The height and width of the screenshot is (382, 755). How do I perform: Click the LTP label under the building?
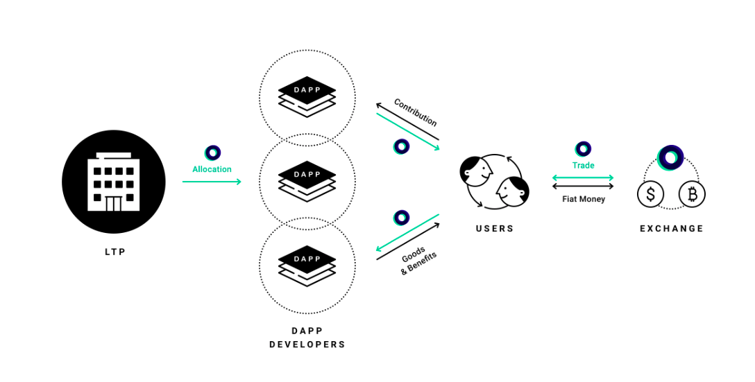click(x=115, y=252)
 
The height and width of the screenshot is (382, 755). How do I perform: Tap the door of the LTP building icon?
click(x=113, y=204)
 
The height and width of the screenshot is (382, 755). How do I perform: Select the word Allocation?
click(x=212, y=169)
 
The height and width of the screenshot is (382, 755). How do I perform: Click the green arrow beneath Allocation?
click(x=212, y=182)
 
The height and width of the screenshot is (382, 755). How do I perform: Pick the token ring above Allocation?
click(x=212, y=153)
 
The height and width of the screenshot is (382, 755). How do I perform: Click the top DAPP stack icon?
click(x=307, y=96)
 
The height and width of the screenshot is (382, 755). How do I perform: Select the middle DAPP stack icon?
click(x=307, y=182)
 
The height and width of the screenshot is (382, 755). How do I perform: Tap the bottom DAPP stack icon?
click(x=307, y=266)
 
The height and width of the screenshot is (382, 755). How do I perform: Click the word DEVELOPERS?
click(x=307, y=345)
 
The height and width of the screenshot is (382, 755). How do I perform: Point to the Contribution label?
click(x=416, y=112)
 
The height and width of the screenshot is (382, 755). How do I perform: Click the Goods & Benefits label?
click(x=418, y=261)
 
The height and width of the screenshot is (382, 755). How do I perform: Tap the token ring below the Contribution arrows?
click(x=401, y=146)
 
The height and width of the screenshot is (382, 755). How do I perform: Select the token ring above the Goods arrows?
click(x=401, y=218)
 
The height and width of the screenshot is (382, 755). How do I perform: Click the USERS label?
click(x=495, y=229)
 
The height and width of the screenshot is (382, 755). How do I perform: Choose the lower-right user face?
click(x=513, y=191)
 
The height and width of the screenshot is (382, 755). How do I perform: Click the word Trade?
click(x=583, y=165)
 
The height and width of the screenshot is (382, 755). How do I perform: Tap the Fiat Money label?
click(x=584, y=199)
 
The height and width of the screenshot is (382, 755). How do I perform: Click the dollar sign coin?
click(x=650, y=194)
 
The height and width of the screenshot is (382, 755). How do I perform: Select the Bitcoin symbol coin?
click(x=692, y=194)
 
